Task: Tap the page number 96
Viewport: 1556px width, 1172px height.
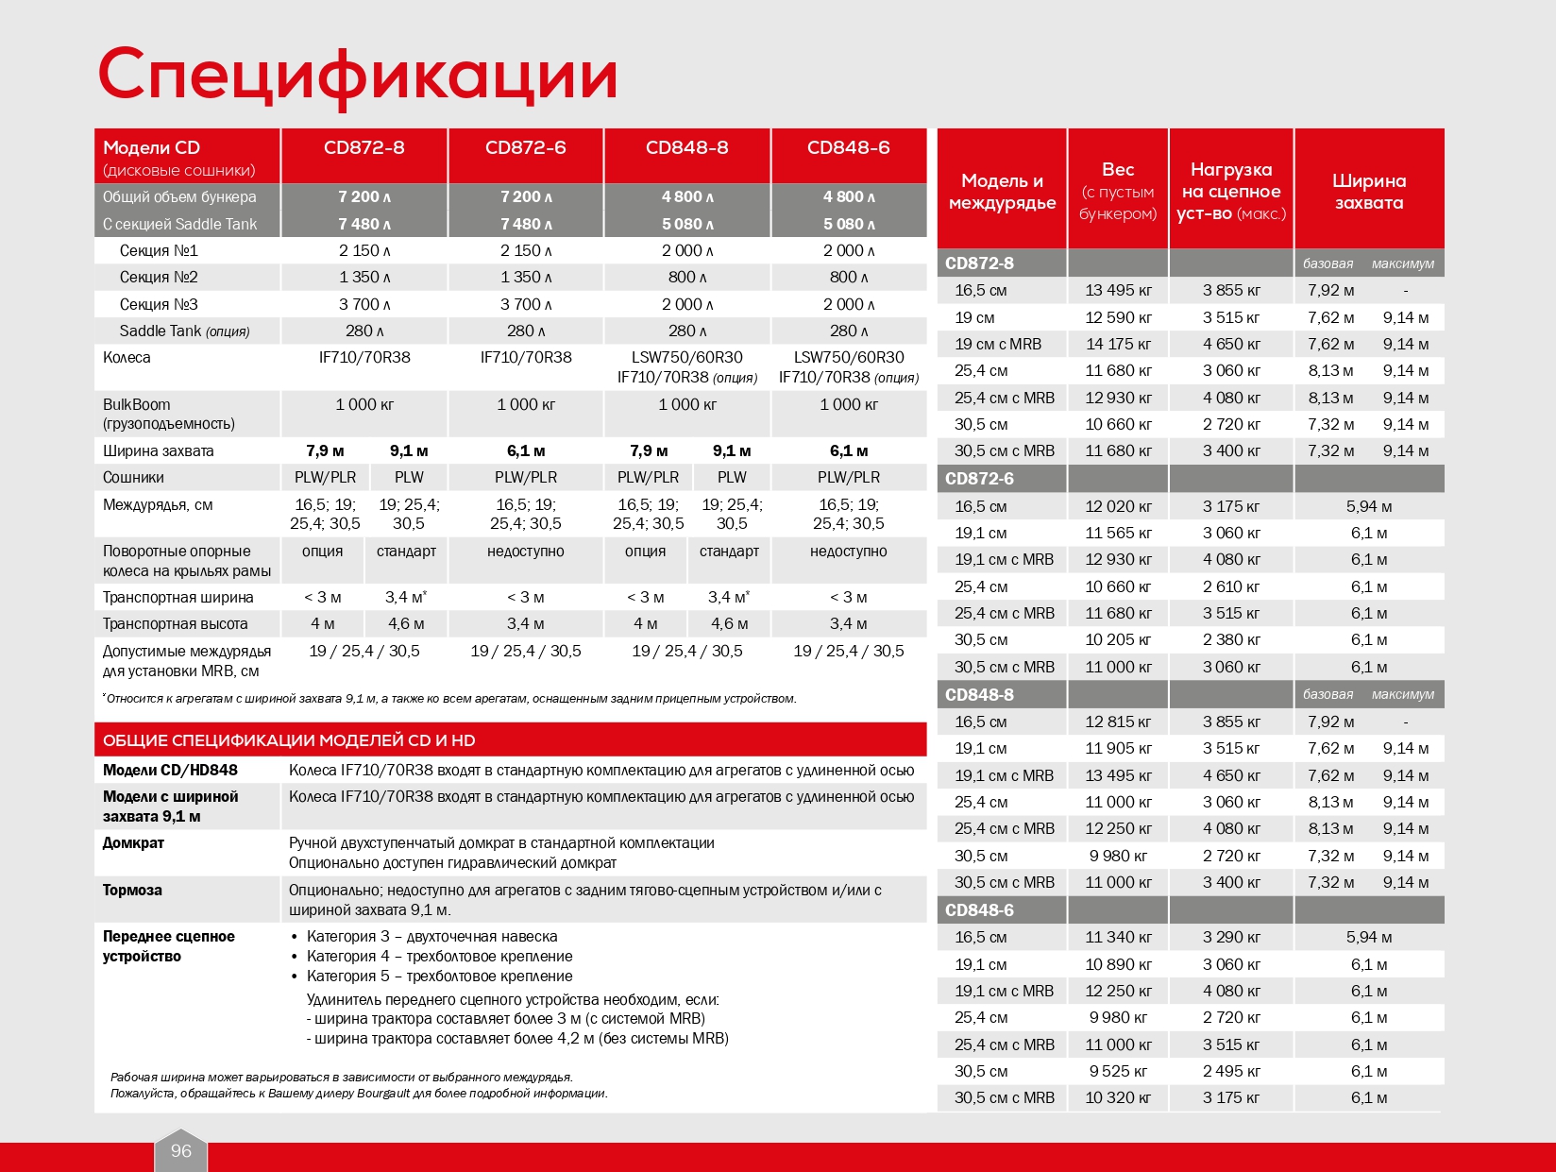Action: pyautogui.click(x=180, y=1150)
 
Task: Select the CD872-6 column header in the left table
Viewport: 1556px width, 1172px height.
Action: pyautogui.click(x=525, y=147)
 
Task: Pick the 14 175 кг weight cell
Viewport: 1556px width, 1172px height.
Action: pyautogui.click(x=1118, y=344)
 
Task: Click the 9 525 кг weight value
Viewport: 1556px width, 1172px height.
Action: pyautogui.click(x=1118, y=1071)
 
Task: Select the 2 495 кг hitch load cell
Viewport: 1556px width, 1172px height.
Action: pyautogui.click(x=1231, y=1071)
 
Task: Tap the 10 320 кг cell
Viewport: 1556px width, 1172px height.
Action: pyautogui.click(x=1118, y=1097)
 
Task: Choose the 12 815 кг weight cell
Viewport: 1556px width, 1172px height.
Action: pyautogui.click(x=1118, y=722)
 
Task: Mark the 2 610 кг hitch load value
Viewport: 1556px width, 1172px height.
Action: pyautogui.click(x=1231, y=586)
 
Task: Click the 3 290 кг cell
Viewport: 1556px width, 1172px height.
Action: pyautogui.click(x=1231, y=937)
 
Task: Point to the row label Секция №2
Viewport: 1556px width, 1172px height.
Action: pyautogui.click(x=159, y=277)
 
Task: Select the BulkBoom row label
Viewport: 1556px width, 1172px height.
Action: pyautogui.click(x=137, y=404)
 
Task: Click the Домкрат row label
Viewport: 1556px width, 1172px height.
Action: pyautogui.click(x=133, y=842)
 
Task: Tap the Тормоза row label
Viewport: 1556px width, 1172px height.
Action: pyautogui.click(x=132, y=890)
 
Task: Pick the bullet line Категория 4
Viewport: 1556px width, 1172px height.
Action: pyautogui.click(x=439, y=956)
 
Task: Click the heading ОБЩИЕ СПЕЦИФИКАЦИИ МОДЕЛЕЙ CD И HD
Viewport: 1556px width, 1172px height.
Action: pyautogui.click(x=289, y=740)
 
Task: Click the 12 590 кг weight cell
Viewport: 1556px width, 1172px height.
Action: pyautogui.click(x=1118, y=317)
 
